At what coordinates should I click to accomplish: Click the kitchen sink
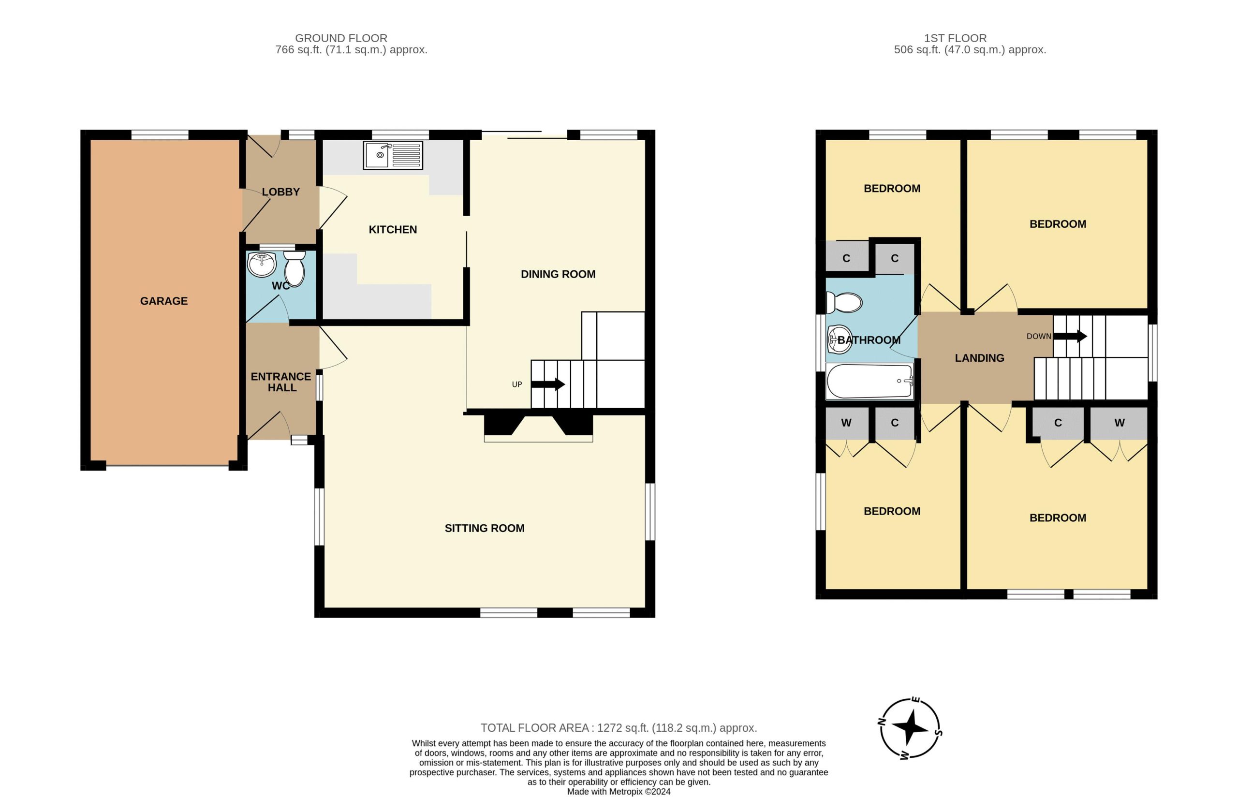[393, 155]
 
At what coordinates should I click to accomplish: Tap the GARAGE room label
[163, 301]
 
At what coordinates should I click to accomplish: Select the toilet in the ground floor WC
[295, 268]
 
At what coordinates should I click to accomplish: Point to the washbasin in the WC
[261, 265]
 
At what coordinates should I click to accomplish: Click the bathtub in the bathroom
[869, 381]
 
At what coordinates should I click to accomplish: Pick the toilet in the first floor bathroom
[844, 303]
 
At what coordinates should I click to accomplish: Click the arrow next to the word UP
[547, 384]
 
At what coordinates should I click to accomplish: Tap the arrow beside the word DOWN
[1070, 337]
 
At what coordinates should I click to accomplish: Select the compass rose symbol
[910, 728]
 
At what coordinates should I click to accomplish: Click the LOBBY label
[280, 192]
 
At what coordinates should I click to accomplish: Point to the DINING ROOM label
[558, 274]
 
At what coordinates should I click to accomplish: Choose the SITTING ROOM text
[484, 528]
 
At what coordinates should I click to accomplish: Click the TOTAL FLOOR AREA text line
[619, 728]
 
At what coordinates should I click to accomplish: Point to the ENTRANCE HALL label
[281, 382]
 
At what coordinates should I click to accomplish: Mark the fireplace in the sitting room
[538, 426]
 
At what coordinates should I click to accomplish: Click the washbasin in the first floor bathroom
[839, 339]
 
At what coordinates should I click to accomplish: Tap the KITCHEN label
[393, 229]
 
